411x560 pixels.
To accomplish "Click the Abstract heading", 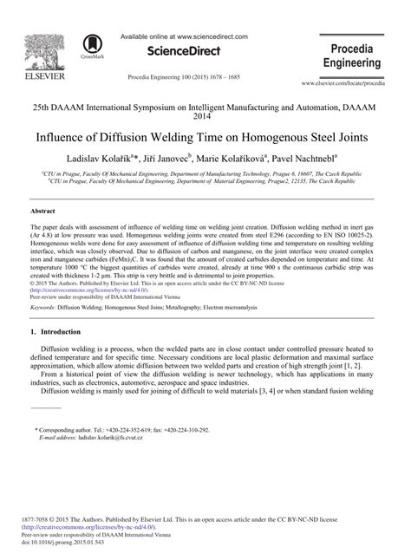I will (42, 211).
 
